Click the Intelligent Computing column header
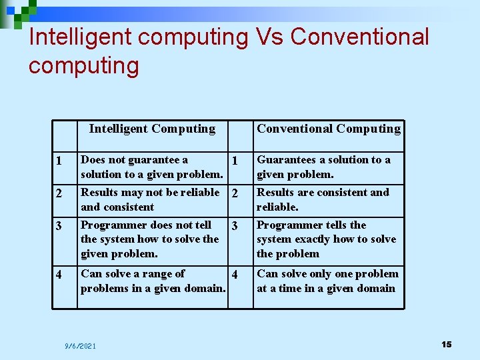coord(152,129)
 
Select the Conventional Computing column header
coord(329,129)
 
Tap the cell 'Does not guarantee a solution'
coord(151,167)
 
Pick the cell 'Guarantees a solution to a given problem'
coord(324,167)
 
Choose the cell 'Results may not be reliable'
coord(150,199)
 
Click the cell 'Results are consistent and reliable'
coord(323,199)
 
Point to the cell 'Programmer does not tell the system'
coord(149,239)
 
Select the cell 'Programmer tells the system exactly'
coord(326,239)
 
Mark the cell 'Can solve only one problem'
coord(327,281)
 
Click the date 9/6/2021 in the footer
coord(81,345)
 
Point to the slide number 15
coord(446,344)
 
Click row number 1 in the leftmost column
coord(60,161)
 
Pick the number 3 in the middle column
coord(234,227)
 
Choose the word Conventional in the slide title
coord(360,37)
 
